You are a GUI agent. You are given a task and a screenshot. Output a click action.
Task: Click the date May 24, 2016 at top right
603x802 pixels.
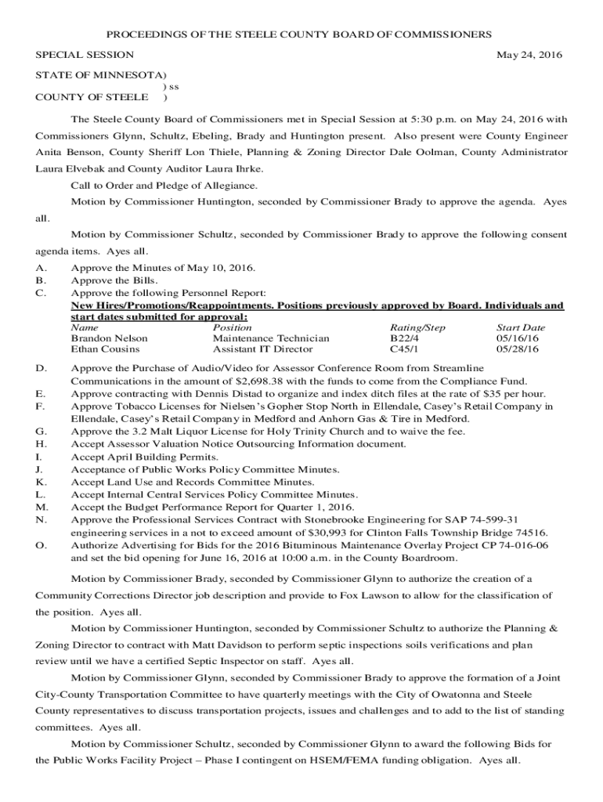point(529,56)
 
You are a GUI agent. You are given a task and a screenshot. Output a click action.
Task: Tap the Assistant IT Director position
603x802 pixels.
point(262,349)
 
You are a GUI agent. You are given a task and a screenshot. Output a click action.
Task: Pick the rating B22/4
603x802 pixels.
point(404,338)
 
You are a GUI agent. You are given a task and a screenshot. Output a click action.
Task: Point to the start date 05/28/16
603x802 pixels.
point(518,349)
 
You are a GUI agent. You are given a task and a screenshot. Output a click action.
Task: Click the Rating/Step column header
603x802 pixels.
point(417,327)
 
